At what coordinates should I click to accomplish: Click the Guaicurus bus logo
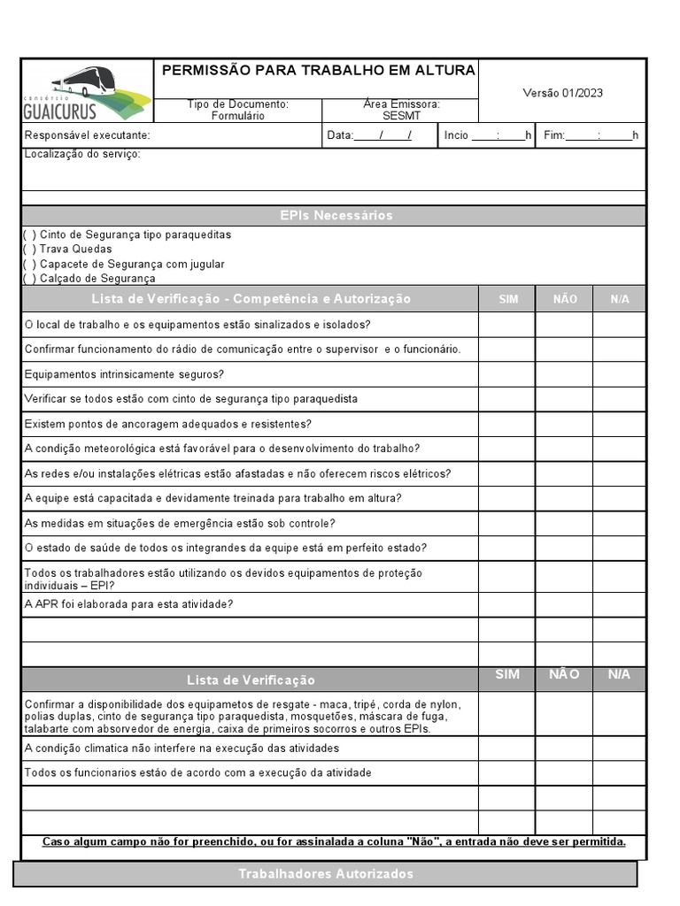tap(87, 92)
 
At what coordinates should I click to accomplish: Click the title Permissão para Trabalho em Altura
tap(317, 71)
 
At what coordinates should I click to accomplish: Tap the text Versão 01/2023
tap(563, 93)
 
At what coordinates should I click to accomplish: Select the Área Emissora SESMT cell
tap(401, 110)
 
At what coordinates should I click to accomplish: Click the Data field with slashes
tap(382, 135)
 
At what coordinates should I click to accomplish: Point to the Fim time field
tap(590, 135)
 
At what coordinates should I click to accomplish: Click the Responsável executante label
tap(88, 135)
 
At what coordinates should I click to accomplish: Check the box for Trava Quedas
tap(30, 250)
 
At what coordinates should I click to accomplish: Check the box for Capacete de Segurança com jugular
tap(30, 265)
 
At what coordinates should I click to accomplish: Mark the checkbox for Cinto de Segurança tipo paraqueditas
tap(30, 235)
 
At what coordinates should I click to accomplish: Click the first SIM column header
tap(507, 299)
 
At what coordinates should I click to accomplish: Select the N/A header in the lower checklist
tap(619, 675)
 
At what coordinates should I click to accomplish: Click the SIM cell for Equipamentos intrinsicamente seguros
tap(507, 374)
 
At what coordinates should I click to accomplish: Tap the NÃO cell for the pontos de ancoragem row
tap(564, 424)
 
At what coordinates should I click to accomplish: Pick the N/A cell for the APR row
tap(619, 604)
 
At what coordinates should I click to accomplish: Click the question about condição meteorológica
tap(222, 449)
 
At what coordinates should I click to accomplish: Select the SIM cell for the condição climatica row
tap(507, 749)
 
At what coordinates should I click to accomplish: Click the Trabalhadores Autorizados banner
tap(325, 874)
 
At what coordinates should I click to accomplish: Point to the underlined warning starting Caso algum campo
tap(334, 841)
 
